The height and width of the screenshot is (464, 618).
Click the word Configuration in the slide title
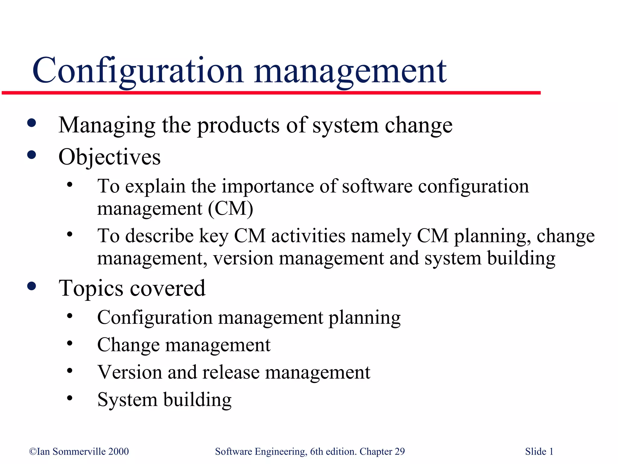click(138, 71)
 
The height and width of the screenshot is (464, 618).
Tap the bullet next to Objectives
click(31, 155)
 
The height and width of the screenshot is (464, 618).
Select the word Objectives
click(109, 157)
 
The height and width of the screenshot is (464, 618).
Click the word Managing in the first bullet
click(107, 125)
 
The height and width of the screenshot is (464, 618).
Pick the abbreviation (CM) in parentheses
click(231, 208)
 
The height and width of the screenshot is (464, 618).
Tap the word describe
click(159, 236)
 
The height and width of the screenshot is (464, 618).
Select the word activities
click(308, 236)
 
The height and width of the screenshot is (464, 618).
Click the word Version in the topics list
click(130, 372)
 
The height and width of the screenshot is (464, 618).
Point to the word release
click(231, 372)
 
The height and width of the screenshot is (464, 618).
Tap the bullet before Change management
click(70, 343)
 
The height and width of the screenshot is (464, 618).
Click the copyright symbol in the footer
click(33, 452)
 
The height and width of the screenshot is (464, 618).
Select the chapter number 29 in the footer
click(400, 452)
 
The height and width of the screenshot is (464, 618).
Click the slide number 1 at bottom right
click(551, 452)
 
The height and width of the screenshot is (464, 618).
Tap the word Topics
click(91, 288)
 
